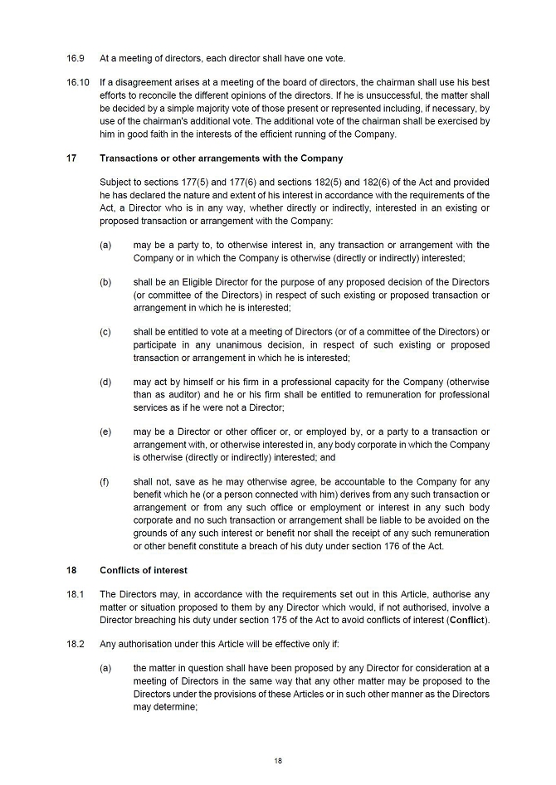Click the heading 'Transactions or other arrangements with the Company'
(x=221, y=158)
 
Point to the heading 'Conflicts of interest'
(x=143, y=570)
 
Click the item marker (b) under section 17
(x=105, y=282)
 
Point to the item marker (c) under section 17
(x=105, y=332)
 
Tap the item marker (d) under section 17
(x=105, y=382)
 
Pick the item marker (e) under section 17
(x=105, y=432)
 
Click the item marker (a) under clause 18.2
(x=105, y=668)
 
